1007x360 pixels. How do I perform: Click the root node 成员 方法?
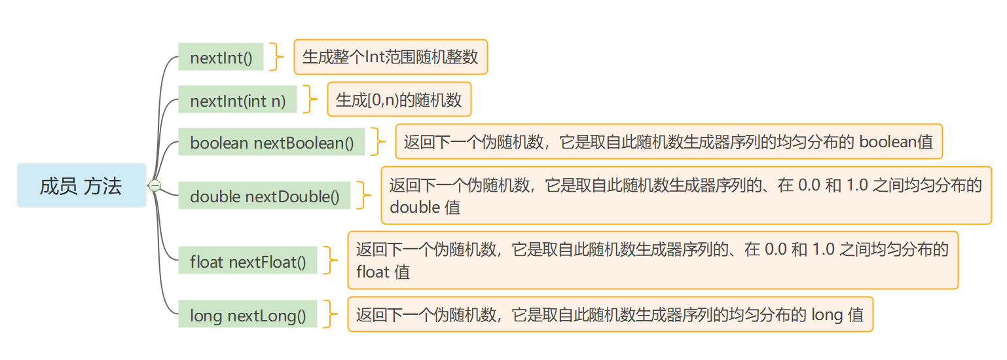click(x=81, y=186)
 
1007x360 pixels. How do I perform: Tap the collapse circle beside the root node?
click(x=155, y=186)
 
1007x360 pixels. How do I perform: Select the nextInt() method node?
click(x=221, y=58)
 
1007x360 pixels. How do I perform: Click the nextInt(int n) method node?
click(x=237, y=101)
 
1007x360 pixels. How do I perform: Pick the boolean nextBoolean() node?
click(x=271, y=143)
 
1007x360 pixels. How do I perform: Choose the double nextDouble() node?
click(x=265, y=196)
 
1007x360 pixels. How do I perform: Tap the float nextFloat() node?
click(x=247, y=262)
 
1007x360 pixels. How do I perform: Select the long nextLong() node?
click(x=247, y=316)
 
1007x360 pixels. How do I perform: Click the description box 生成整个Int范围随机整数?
click(x=390, y=57)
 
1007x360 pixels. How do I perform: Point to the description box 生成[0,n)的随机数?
click(x=399, y=100)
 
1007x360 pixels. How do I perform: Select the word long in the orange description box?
click(x=827, y=315)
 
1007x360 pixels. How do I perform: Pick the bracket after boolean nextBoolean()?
click(x=379, y=142)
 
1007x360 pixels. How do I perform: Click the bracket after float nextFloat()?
click(x=331, y=261)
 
